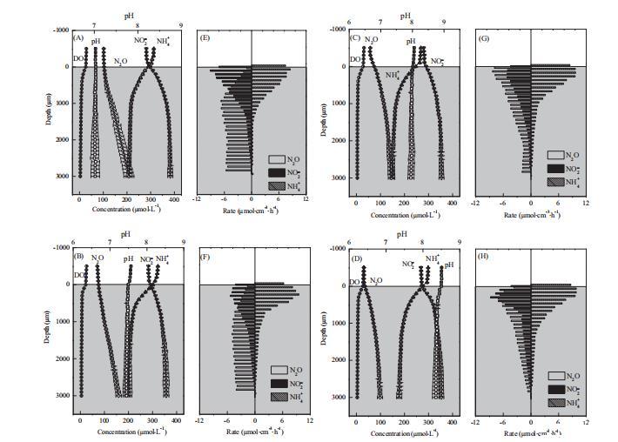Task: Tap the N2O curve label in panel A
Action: [x=120, y=62]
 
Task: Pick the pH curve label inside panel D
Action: [x=450, y=265]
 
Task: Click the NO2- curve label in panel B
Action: [x=145, y=258]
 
